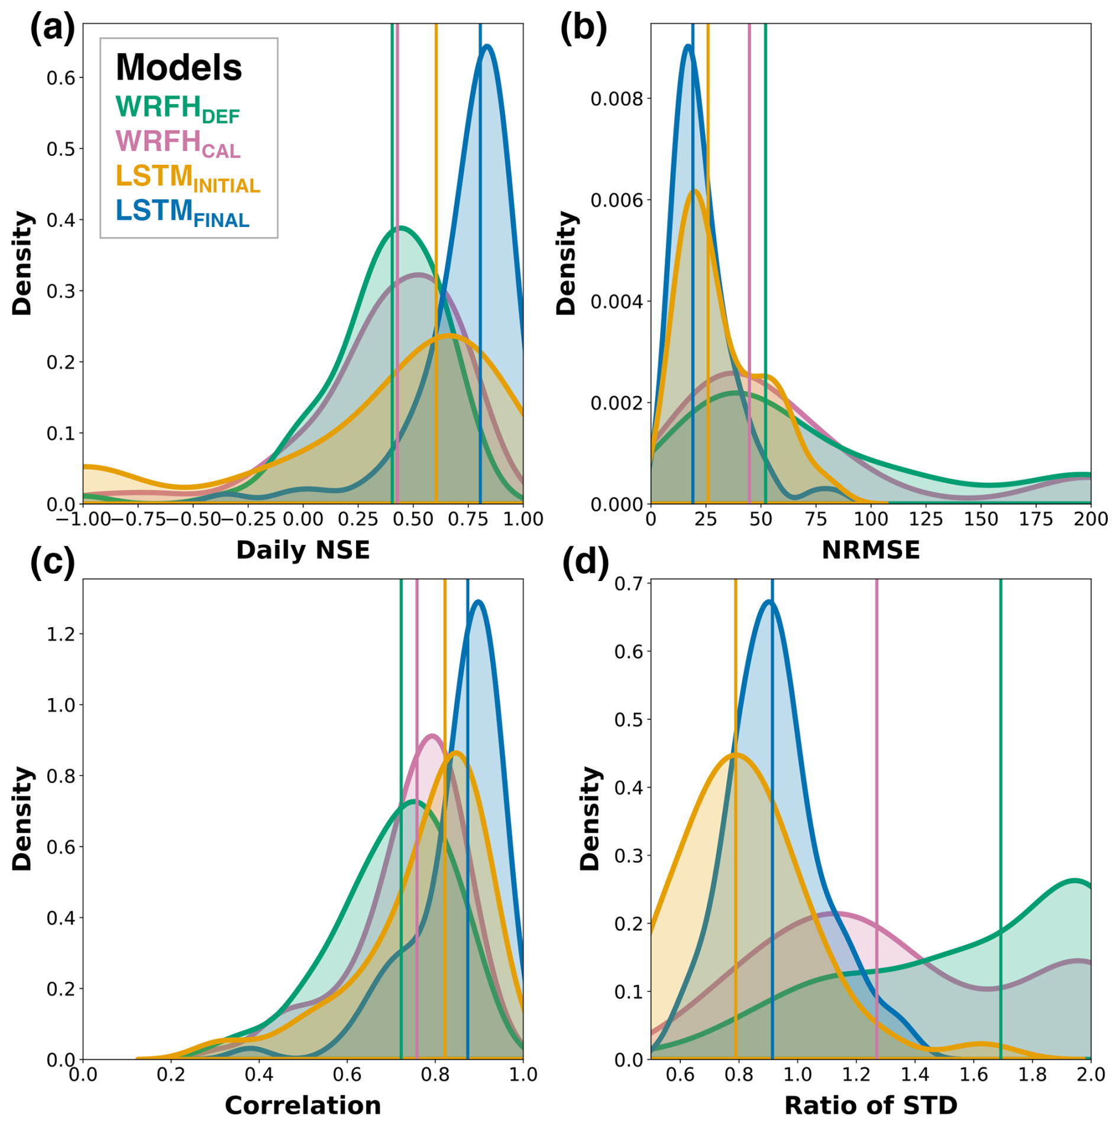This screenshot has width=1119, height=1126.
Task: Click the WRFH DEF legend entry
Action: coord(177,109)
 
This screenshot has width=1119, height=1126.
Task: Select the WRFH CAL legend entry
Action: coord(177,143)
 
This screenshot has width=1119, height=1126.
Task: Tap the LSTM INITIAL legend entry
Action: coord(187,178)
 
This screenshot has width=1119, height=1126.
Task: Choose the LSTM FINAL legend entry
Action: coord(182,212)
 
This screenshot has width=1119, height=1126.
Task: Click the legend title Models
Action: coord(179,67)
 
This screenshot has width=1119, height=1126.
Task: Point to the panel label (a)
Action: coord(53,28)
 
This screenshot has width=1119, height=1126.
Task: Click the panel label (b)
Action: coord(583,28)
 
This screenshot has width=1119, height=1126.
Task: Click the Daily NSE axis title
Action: coord(303,550)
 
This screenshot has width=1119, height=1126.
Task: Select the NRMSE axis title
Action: coord(870,550)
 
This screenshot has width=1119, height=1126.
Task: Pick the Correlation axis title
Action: coord(303,1105)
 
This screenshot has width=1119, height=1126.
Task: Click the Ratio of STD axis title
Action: coord(870,1105)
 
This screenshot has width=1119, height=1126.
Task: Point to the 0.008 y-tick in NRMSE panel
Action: coord(616,99)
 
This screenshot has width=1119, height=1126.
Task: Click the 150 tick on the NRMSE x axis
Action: coord(981,519)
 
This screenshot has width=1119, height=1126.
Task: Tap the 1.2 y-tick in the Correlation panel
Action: coord(62,634)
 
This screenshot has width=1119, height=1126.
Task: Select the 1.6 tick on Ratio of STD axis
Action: coord(974,1074)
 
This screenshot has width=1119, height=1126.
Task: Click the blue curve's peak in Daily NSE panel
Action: coord(487,46)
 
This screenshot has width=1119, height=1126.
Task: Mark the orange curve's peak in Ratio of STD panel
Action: coord(735,755)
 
